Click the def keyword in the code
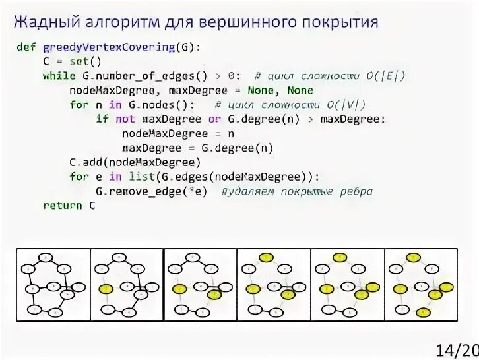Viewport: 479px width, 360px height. coord(26,47)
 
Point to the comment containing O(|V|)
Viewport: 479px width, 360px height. coord(290,105)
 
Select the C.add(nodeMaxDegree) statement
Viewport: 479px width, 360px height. coord(134,162)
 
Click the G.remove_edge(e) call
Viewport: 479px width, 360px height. coord(151,191)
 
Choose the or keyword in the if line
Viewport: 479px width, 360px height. coord(214,119)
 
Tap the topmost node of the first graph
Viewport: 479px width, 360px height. coord(44,256)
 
